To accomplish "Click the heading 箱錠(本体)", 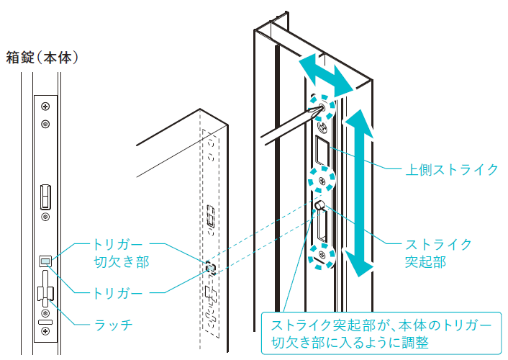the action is [42, 58].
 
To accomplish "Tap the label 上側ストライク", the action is [452, 170].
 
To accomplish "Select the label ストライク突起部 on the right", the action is [438, 253].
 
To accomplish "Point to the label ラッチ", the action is [114, 324].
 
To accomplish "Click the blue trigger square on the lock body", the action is [45, 261].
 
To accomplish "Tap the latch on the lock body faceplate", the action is [45, 289].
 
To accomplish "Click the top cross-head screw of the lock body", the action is [45, 106].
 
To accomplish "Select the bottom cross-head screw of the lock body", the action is [45, 331].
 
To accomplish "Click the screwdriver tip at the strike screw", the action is [320, 108].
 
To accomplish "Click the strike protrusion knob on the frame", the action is [319, 205].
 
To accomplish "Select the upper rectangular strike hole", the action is [322, 151].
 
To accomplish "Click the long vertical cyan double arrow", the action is [359, 193].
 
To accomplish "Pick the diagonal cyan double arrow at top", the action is [326, 76].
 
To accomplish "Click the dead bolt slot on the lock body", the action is [45, 197].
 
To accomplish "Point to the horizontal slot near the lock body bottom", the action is [45, 322].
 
